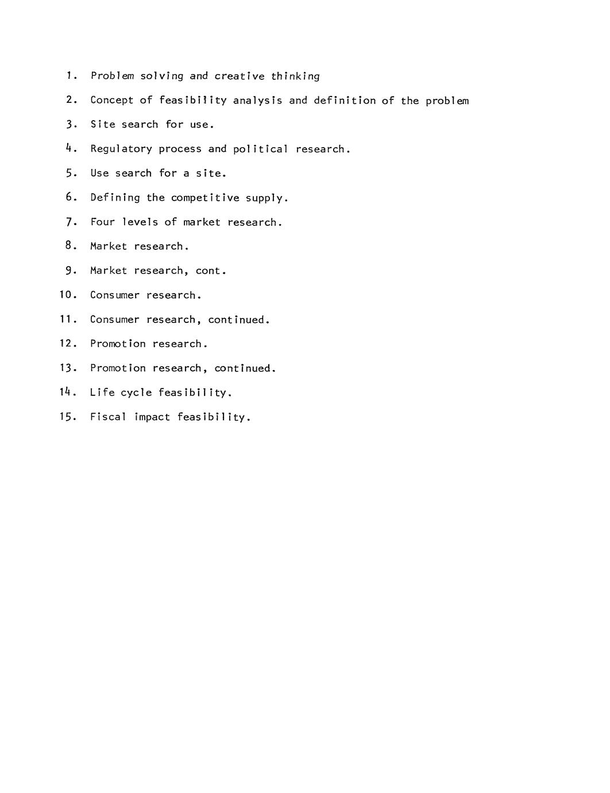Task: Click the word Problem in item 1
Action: pyautogui.click(x=112, y=76)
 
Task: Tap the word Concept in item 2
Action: pyautogui.click(x=111, y=100)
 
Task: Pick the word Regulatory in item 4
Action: pyautogui.click(x=121, y=149)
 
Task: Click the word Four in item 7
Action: pyautogui.click(x=102, y=222)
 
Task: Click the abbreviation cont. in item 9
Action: pyautogui.click(x=211, y=271)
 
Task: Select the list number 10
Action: pyautogui.click(x=67, y=295)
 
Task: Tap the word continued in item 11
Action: pyautogui.click(x=238, y=319)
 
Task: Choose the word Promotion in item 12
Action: pyautogui.click(x=118, y=344)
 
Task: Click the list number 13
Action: pyautogui.click(x=67, y=368)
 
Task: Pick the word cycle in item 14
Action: pyautogui.click(x=136, y=392)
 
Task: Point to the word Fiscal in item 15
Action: pyautogui.click(x=108, y=417)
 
